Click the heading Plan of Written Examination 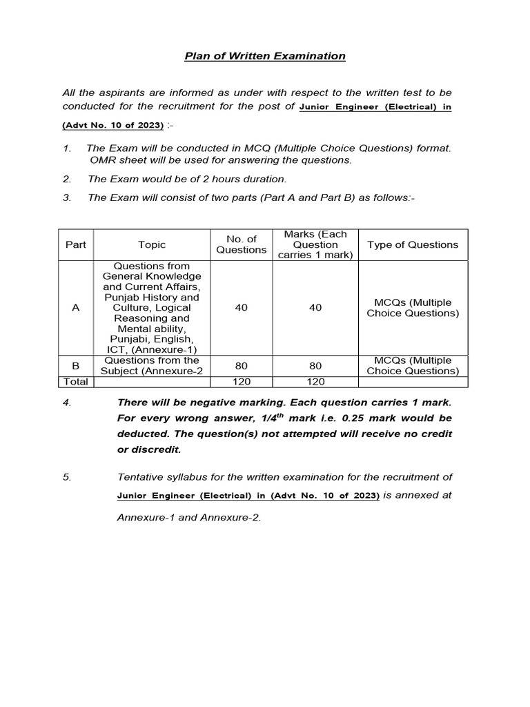click(265, 56)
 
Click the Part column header click(76, 244)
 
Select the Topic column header click(152, 244)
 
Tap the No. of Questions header click(241, 244)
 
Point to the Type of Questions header click(413, 244)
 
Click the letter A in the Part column click(76, 307)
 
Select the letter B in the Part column click(76, 365)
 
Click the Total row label click(76, 381)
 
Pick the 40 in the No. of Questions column click(241, 307)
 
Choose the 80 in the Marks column click(315, 365)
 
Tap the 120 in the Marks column click(315, 381)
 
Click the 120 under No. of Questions click(241, 381)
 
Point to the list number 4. click(67, 403)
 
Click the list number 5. click(67, 477)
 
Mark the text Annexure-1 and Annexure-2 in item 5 click(189, 518)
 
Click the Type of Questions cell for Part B click(413, 365)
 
